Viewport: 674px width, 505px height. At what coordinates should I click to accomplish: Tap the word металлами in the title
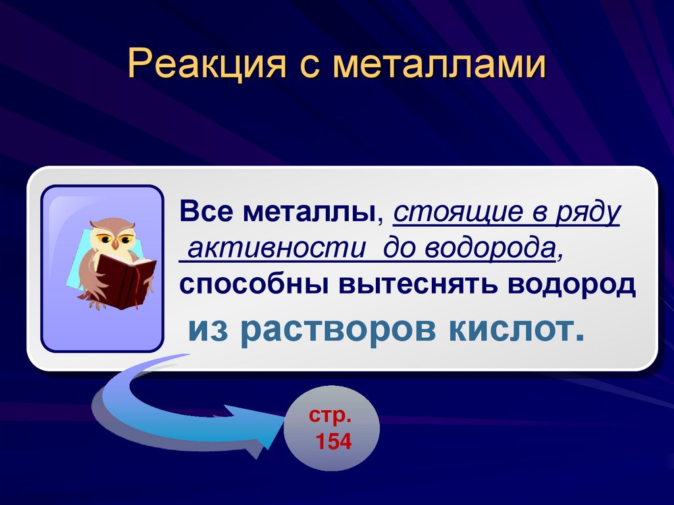pos(440,66)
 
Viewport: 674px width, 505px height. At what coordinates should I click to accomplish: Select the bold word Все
pos(207,213)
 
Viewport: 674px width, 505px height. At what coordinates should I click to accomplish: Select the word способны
pos(254,284)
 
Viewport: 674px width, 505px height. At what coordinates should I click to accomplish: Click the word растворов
pos(338,329)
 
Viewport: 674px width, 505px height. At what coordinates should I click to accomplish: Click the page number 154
pos(334,442)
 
